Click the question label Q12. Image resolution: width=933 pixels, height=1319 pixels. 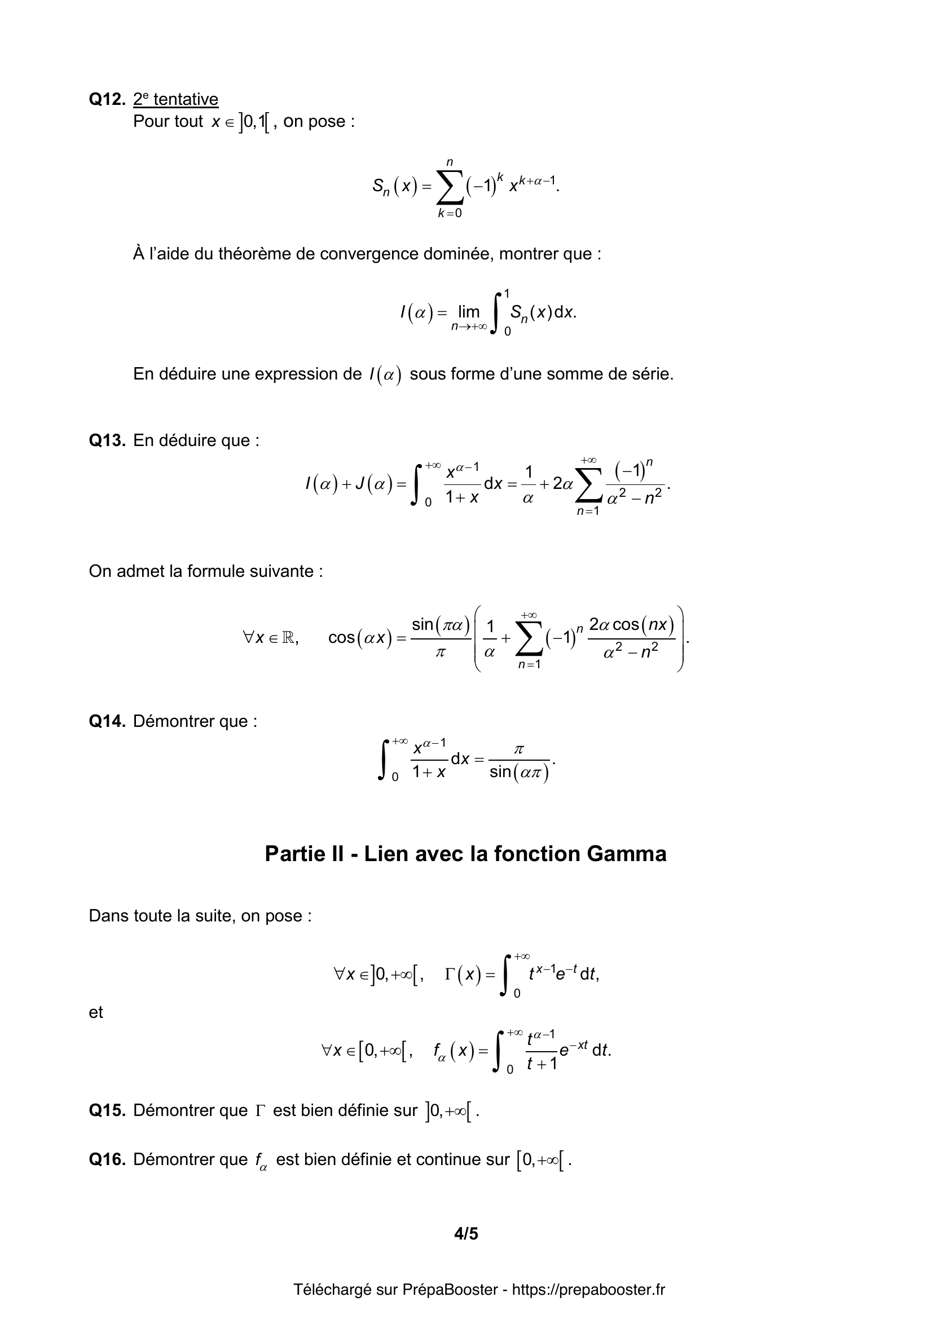107,99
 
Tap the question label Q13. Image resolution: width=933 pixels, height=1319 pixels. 107,440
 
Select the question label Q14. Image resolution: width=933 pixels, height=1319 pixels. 107,721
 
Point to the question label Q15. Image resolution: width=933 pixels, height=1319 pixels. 107,1110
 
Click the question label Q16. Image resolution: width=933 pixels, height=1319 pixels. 107,1160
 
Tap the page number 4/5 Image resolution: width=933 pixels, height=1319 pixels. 466,1233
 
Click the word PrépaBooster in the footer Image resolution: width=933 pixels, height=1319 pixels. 450,1290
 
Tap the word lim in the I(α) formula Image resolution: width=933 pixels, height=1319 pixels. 469,312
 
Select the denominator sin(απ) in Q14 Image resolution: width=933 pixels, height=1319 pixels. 520,773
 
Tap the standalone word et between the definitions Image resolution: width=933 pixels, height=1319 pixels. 96,1012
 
